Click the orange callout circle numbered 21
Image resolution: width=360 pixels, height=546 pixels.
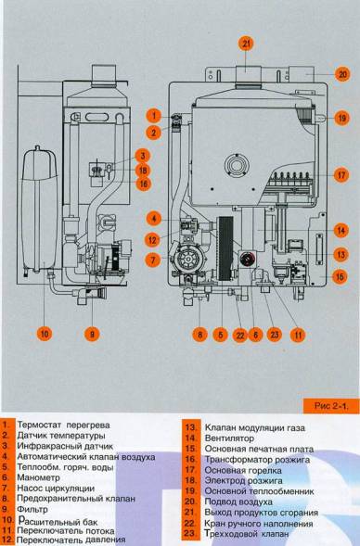(247, 44)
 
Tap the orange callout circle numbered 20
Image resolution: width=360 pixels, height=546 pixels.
(342, 74)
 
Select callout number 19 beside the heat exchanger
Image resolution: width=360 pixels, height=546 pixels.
(341, 118)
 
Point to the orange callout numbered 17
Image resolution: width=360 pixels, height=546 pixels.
(341, 175)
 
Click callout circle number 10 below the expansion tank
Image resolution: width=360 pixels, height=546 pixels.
(45, 334)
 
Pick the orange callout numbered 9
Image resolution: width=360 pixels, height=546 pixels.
(92, 334)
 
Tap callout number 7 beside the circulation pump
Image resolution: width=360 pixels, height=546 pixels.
(153, 260)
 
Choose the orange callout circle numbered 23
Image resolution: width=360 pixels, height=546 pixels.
(275, 335)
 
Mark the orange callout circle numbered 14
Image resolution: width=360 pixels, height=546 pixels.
(341, 230)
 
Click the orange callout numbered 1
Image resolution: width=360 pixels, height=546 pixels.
(154, 115)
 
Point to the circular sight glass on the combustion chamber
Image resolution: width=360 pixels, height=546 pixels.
(237, 165)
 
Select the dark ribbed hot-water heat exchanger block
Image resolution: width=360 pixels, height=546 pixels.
(225, 248)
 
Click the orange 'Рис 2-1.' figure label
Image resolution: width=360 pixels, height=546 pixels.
(331, 406)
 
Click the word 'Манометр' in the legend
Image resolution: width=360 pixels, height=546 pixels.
(38, 477)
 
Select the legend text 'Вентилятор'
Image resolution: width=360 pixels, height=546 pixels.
(229, 438)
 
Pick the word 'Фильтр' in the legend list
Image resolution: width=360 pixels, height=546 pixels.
(32, 510)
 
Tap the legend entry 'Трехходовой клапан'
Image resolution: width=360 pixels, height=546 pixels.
(247, 533)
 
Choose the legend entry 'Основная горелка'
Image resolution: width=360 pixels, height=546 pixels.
(243, 470)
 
